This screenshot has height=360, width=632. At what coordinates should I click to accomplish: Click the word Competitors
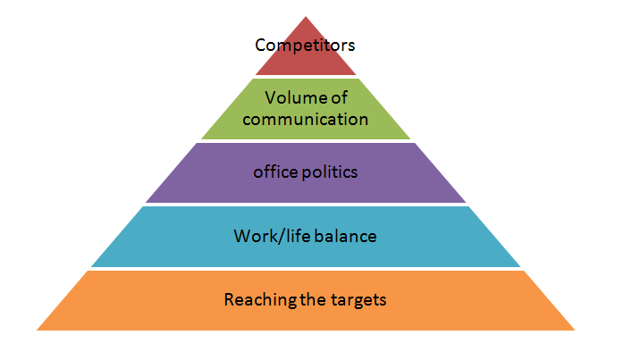pyautogui.click(x=305, y=45)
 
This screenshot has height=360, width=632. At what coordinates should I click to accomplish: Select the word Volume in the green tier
pyautogui.click(x=291, y=98)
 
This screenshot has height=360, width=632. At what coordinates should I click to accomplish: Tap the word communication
pyautogui.click(x=306, y=119)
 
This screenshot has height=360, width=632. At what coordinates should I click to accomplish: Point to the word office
pyautogui.click(x=275, y=172)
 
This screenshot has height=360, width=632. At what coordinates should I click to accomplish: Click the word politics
pyautogui.click(x=330, y=172)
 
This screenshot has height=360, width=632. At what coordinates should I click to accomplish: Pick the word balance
pyautogui.click(x=345, y=236)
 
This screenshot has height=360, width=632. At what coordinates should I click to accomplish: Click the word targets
pyautogui.click(x=358, y=300)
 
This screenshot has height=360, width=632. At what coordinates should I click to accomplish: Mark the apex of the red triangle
pyautogui.click(x=306, y=16)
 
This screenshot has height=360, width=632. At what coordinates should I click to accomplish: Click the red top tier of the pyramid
pyautogui.click(x=306, y=61)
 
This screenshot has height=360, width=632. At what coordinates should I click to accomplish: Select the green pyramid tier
pyautogui.click(x=306, y=109)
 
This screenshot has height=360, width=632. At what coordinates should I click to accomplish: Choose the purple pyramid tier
pyautogui.click(x=306, y=172)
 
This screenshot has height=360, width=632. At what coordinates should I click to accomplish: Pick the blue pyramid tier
pyautogui.click(x=306, y=237)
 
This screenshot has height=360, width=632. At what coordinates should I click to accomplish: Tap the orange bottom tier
pyautogui.click(x=306, y=300)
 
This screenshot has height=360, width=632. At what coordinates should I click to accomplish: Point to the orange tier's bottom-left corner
pyautogui.click(x=37, y=331)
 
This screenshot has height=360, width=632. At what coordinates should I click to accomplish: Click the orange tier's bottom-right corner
pyautogui.click(x=575, y=331)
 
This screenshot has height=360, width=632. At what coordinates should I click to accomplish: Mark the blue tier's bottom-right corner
pyautogui.click(x=520, y=266)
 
